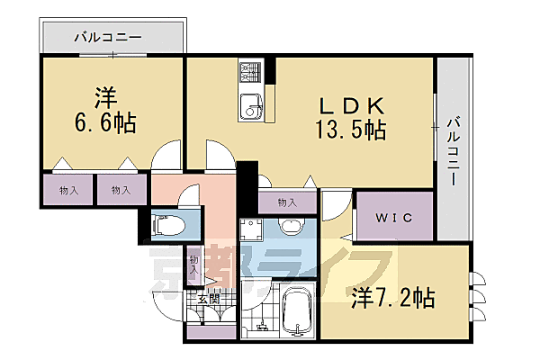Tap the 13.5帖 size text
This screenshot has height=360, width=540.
click(x=350, y=130)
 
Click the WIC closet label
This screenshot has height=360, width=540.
click(x=394, y=218)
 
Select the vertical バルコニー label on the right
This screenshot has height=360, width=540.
click(x=455, y=149)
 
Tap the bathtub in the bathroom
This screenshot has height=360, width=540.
click(x=297, y=310)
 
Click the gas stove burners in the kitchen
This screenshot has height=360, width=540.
click(x=249, y=71)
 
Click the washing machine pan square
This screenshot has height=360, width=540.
click(x=253, y=229)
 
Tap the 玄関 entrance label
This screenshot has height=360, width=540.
click(x=207, y=300)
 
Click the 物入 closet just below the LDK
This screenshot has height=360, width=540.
click(x=287, y=202)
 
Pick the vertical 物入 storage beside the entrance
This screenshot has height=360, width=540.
click(x=194, y=267)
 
